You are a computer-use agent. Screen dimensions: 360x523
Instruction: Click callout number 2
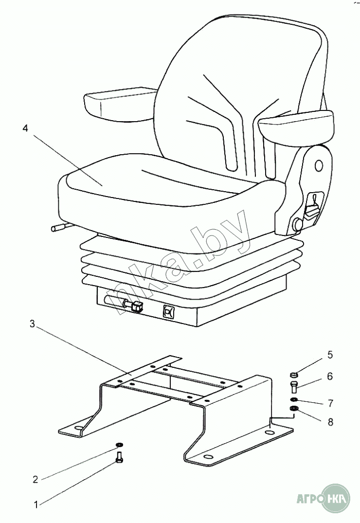[35, 480]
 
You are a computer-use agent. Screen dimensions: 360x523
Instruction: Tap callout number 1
[36, 505]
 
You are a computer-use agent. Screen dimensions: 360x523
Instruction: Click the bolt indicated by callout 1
[120, 458]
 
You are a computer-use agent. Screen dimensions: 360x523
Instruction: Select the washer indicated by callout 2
[119, 445]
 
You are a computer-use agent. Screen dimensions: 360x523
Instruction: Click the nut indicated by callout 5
[293, 375]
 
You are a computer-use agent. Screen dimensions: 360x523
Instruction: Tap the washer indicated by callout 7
[293, 400]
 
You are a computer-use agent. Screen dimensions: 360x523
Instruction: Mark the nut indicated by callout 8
[293, 409]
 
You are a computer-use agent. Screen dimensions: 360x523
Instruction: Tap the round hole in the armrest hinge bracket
[319, 165]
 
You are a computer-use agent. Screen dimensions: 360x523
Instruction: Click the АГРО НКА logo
[324, 497]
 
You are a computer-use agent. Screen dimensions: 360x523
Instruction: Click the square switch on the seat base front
[169, 311]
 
